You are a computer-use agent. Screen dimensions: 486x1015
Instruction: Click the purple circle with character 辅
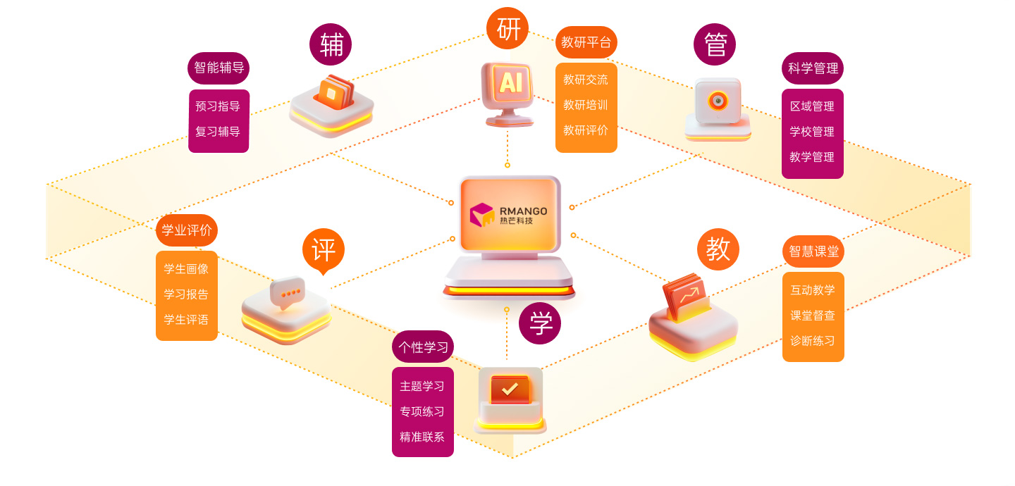click(x=331, y=44)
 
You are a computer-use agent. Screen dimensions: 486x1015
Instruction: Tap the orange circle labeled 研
click(x=508, y=28)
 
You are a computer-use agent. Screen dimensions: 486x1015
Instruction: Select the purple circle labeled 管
click(x=715, y=44)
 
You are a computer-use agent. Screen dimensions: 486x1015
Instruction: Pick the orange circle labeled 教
click(x=718, y=249)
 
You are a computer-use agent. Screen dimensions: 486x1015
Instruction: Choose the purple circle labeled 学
click(x=540, y=323)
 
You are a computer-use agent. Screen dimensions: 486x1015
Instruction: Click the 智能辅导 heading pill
click(x=219, y=68)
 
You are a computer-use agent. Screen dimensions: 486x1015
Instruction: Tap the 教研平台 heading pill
click(x=586, y=42)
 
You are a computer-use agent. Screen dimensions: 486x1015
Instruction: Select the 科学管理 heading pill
click(x=813, y=68)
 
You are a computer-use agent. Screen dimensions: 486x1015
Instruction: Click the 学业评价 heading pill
click(x=187, y=230)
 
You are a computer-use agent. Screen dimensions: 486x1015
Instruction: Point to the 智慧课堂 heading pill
click(x=813, y=251)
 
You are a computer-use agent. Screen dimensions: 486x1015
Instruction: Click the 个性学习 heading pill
click(x=423, y=347)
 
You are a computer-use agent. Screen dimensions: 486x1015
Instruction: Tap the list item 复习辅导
click(x=218, y=132)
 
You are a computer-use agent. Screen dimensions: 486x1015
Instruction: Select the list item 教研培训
click(x=586, y=105)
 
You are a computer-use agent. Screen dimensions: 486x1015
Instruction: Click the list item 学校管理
click(x=812, y=132)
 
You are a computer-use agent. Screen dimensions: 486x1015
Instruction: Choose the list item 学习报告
click(x=186, y=294)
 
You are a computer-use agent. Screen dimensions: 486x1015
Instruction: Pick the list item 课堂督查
click(x=813, y=316)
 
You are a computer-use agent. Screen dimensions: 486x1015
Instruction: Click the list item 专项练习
click(x=422, y=411)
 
